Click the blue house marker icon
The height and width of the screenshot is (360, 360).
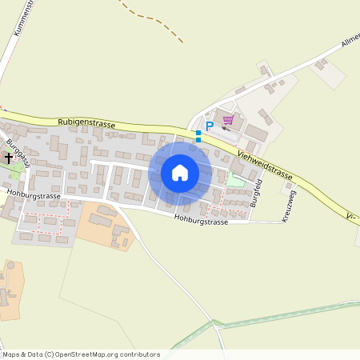coord(180,173)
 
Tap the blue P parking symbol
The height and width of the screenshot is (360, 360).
coord(210,126)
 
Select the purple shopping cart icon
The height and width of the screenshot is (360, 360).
coord(228,120)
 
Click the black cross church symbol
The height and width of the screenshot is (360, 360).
coord(10,158)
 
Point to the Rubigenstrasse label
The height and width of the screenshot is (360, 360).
coord(86,124)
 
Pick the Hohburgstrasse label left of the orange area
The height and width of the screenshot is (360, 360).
coord(33,193)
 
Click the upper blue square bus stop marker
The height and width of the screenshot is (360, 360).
coord(198,132)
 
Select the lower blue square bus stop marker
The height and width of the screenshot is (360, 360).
coord(198,140)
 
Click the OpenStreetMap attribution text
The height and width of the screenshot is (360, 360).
coord(80,354)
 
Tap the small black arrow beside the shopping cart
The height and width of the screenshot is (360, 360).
coord(226,130)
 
